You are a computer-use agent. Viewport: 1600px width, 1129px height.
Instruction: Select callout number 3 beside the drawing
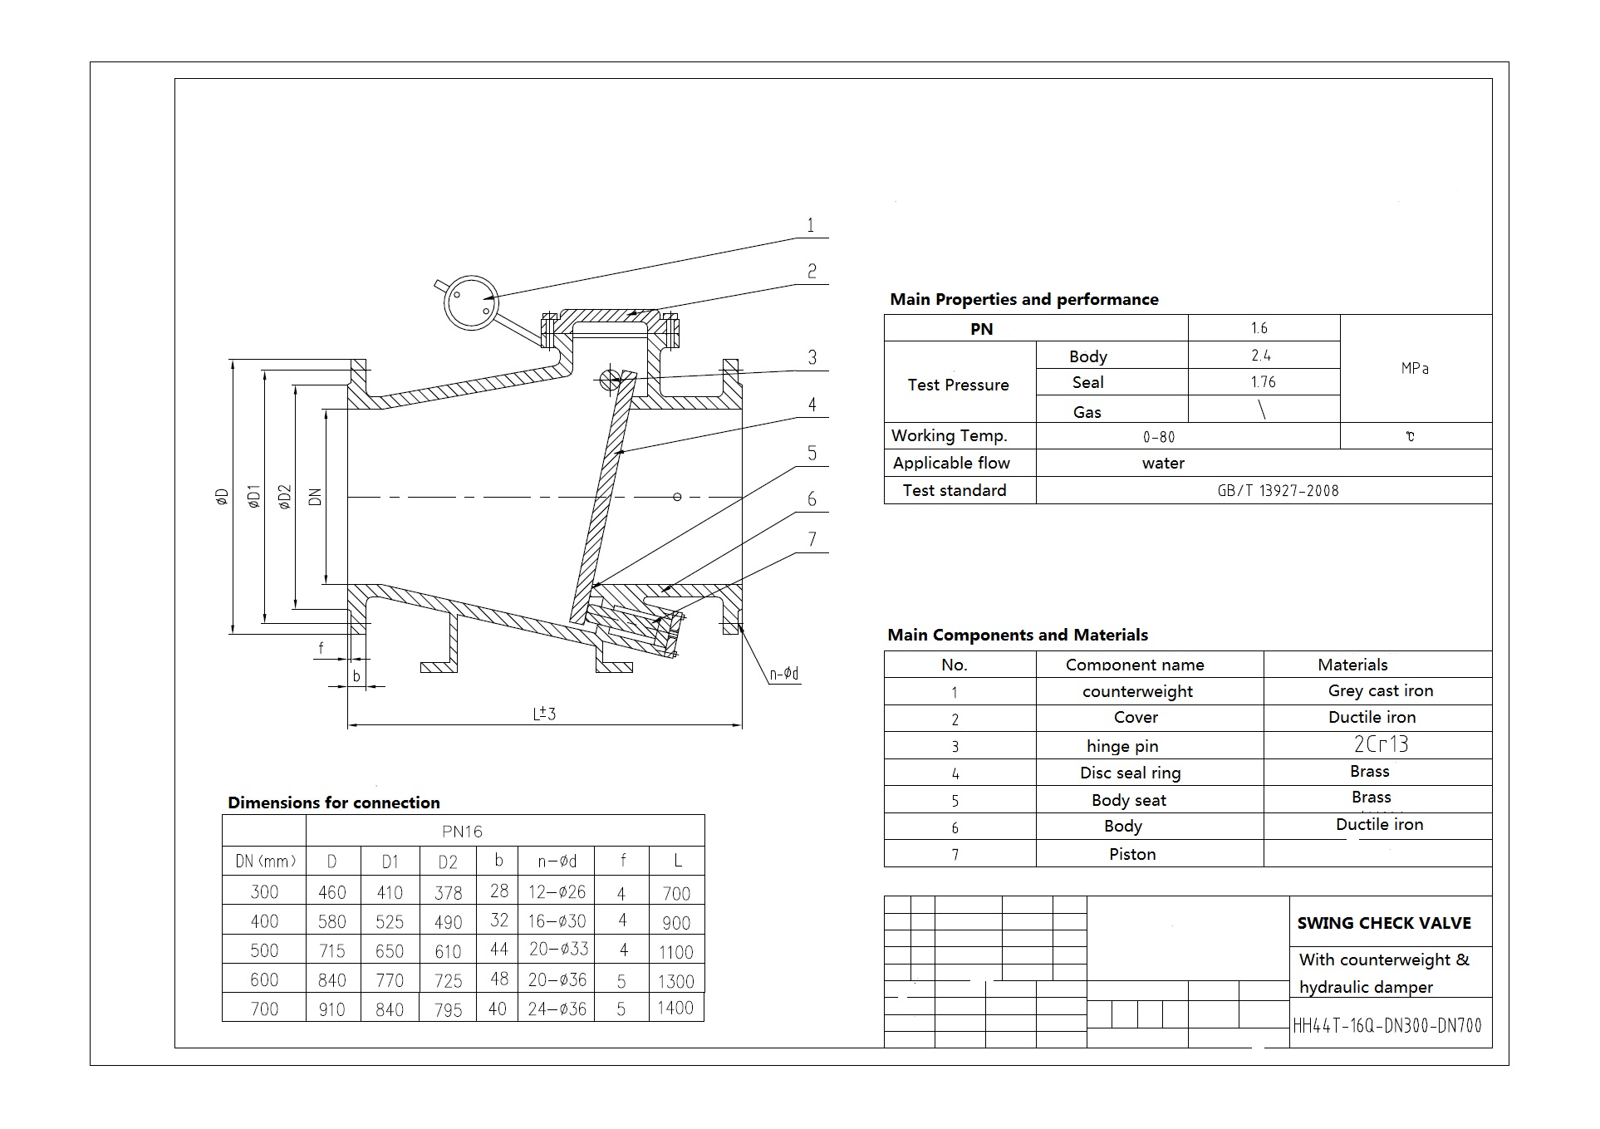coord(812,357)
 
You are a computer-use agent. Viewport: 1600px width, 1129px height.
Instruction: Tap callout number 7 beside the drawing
coord(812,539)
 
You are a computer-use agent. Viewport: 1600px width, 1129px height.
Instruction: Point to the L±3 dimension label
coord(544,714)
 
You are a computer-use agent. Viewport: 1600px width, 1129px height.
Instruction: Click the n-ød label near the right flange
coord(783,674)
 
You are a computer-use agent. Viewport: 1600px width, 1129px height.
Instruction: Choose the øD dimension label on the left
coord(221,497)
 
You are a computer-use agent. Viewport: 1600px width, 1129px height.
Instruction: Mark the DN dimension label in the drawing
coord(315,497)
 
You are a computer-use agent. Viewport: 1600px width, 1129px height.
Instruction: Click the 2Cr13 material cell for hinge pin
coord(1381,744)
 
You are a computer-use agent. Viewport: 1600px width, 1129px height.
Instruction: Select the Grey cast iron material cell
coord(1380,690)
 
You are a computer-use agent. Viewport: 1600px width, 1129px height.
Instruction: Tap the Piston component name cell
coord(1131,854)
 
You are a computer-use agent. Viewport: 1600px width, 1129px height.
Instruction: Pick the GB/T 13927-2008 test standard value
coord(1278,490)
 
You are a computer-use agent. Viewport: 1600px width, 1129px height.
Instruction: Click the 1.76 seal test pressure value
coord(1263,382)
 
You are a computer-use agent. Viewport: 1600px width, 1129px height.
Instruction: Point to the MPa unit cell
coord(1415,368)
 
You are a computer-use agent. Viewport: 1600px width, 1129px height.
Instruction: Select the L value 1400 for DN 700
coord(675,1008)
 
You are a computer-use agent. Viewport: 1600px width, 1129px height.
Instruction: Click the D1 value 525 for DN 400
coord(389,921)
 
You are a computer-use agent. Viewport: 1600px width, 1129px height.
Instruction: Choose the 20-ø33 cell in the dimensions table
coord(557,949)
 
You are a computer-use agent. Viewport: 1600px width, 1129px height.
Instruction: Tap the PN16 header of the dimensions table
coord(462,831)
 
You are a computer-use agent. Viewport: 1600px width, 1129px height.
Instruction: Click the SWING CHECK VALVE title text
coord(1383,923)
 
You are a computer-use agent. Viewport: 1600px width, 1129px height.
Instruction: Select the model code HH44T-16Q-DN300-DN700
coord(1387,1026)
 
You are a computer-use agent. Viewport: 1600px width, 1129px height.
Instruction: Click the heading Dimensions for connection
coord(333,803)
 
